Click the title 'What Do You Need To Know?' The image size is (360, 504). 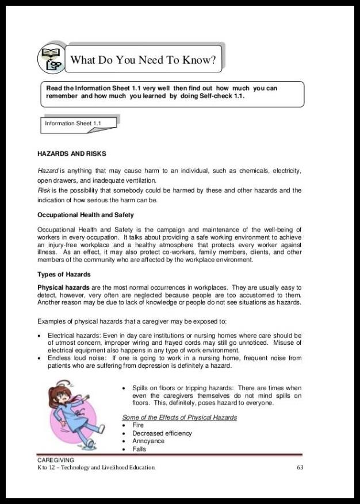pyautogui.click(x=143, y=60)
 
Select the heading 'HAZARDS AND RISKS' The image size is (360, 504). pyautogui.click(x=71, y=154)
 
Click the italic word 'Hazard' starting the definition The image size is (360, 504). pyautogui.click(x=48, y=171)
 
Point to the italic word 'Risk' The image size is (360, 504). pyautogui.click(x=44, y=190)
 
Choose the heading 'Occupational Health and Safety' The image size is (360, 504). pyautogui.click(x=85, y=215)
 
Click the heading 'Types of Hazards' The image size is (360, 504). pyautogui.click(x=64, y=274)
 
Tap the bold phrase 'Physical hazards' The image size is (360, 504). pyautogui.click(x=63, y=287)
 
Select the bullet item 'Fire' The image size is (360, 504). pyautogui.click(x=138, y=425)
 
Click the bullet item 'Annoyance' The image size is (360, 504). pyautogui.click(x=148, y=441)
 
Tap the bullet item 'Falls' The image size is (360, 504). pyautogui.click(x=139, y=449)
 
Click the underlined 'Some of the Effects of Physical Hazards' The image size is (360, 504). pyautogui.click(x=179, y=417)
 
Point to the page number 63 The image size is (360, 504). pyautogui.click(x=300, y=467)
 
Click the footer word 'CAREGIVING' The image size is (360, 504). pyautogui.click(x=56, y=460)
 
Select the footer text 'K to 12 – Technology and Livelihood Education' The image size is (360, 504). pyautogui.click(x=96, y=467)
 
